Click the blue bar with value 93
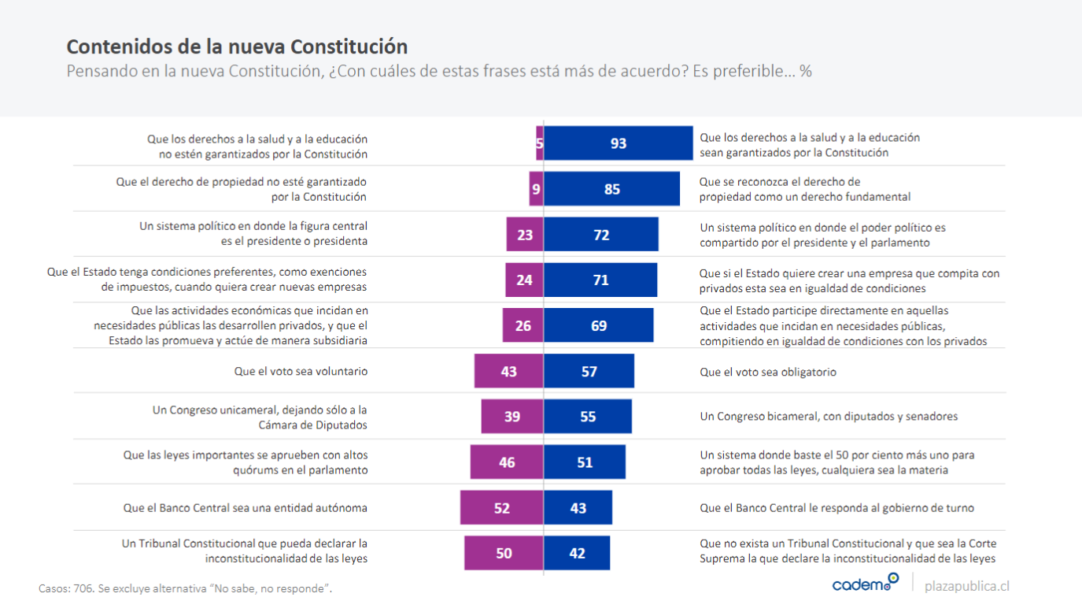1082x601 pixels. (x=618, y=143)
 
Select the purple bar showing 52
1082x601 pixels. (x=502, y=508)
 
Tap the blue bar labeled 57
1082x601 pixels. (x=589, y=371)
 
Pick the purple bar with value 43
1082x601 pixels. (x=508, y=371)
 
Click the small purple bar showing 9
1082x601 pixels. (x=536, y=189)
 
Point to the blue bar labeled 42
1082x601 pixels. (x=577, y=553)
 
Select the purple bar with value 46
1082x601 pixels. (x=507, y=462)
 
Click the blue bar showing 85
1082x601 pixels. (x=611, y=189)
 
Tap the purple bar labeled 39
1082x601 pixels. (x=512, y=417)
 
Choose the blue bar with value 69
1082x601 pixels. (x=598, y=325)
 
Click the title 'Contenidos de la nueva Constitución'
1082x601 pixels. (x=237, y=46)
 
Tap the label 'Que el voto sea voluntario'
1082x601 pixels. (x=301, y=372)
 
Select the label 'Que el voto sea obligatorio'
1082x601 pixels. (x=768, y=372)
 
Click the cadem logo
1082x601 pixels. (x=865, y=584)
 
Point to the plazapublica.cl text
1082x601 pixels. (x=966, y=586)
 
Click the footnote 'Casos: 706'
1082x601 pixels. (x=185, y=588)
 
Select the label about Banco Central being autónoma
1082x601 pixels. (x=245, y=508)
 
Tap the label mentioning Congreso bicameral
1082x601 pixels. (x=829, y=417)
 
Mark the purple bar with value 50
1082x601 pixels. (x=504, y=553)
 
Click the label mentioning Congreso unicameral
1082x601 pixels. (x=259, y=417)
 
